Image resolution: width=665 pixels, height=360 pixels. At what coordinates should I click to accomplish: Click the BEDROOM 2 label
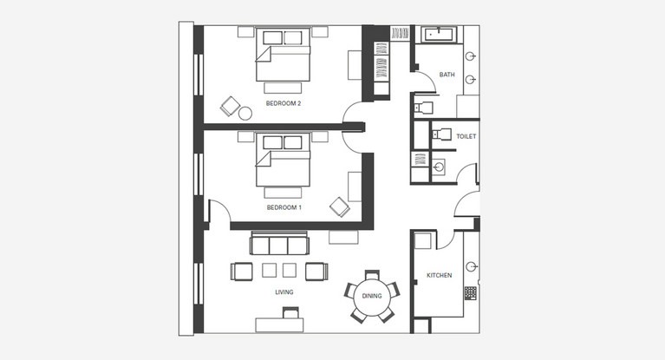[x=284, y=103]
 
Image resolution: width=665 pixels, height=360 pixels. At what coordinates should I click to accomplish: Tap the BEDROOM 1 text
[x=284, y=207]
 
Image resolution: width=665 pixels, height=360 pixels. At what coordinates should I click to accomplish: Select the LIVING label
[x=284, y=292]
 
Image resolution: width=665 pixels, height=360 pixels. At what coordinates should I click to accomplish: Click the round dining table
[x=372, y=297]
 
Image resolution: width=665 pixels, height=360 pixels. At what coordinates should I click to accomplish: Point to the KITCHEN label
[x=439, y=275]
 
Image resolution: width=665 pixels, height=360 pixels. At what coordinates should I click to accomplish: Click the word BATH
[x=447, y=75]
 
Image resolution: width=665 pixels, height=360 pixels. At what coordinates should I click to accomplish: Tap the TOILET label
[x=466, y=136]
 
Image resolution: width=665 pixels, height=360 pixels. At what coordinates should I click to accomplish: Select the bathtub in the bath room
[x=439, y=34]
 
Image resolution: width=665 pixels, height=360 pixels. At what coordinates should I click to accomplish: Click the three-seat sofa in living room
[x=279, y=243]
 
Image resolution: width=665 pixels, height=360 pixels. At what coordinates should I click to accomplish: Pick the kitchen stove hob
[x=470, y=293]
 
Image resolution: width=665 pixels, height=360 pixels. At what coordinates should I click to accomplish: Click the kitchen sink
[x=471, y=266]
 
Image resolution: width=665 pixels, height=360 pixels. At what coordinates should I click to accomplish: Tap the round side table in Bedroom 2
[x=245, y=114]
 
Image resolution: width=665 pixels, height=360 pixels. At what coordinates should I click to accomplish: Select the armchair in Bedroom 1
[x=340, y=206]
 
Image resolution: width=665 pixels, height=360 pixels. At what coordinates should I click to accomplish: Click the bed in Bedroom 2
[x=283, y=55]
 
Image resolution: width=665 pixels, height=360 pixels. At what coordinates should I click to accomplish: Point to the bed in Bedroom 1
[x=283, y=160]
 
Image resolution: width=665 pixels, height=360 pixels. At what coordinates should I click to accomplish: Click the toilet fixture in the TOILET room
[x=440, y=134]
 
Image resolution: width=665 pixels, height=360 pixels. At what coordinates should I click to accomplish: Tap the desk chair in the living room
[x=290, y=313]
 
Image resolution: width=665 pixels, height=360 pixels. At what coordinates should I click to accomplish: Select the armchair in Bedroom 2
[x=231, y=106]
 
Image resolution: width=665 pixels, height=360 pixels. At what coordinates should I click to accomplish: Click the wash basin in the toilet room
[x=439, y=167]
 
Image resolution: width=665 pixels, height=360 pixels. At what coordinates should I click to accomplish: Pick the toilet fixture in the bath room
[x=423, y=108]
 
